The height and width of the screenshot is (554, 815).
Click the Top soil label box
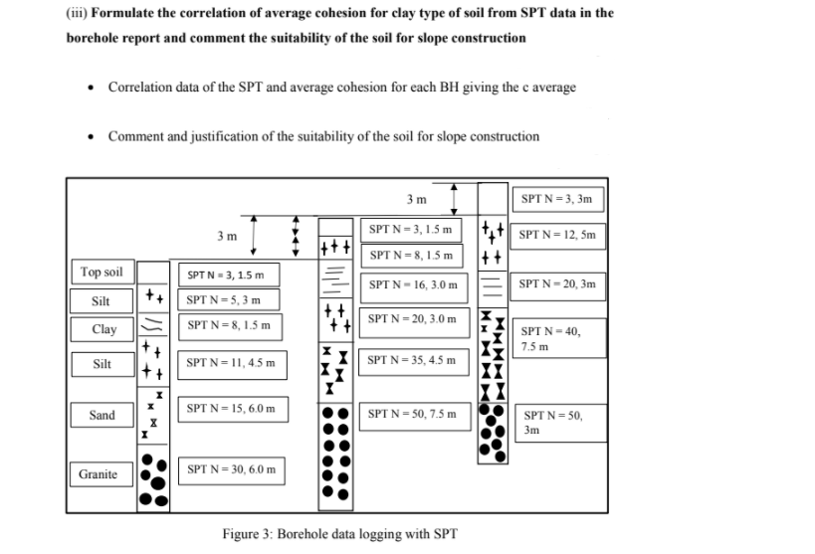point(102,272)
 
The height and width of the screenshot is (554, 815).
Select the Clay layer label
point(102,329)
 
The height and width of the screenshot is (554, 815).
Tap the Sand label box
point(102,415)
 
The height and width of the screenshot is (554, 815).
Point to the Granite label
point(101,474)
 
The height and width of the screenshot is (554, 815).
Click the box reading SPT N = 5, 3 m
point(229,299)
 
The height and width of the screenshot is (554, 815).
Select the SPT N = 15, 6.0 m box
point(232,410)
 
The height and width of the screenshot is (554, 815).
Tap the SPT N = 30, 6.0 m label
point(231,470)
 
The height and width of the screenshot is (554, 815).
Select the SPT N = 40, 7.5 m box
point(559,338)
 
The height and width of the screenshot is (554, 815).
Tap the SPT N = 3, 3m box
point(558,200)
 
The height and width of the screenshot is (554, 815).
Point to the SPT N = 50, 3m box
point(561,423)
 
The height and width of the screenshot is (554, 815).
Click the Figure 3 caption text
point(340,534)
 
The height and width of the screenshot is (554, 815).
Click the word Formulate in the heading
point(122,13)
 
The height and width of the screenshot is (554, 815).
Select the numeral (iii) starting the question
point(77,13)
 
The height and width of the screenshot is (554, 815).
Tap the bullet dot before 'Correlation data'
point(92,88)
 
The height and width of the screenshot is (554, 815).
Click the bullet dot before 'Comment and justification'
point(92,137)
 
